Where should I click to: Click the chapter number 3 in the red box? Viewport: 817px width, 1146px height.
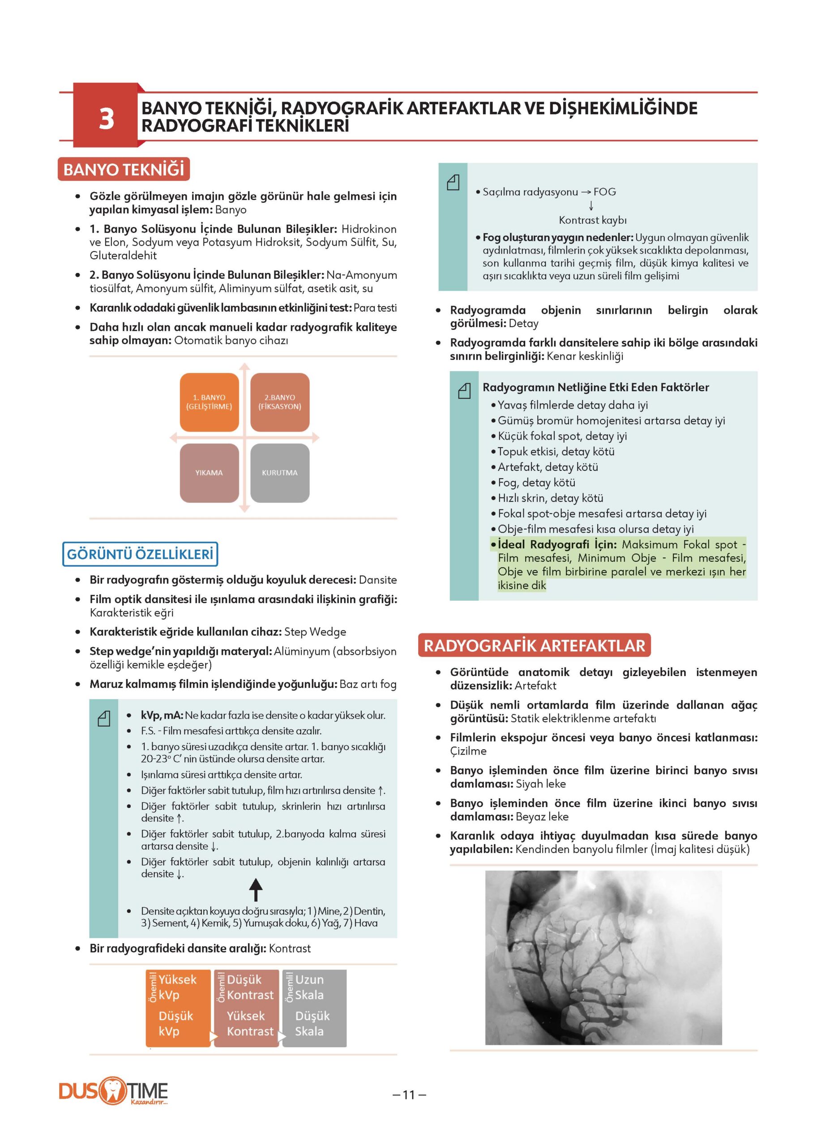(x=106, y=119)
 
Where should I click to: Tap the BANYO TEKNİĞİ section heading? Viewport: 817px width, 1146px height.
(x=124, y=169)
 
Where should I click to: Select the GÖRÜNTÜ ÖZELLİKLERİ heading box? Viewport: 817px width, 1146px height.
(x=141, y=554)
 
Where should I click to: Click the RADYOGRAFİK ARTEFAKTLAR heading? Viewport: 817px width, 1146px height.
(x=534, y=646)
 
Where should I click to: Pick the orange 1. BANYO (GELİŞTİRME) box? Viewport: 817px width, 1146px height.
(x=209, y=402)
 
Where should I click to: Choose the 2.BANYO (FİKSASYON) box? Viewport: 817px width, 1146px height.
(x=280, y=402)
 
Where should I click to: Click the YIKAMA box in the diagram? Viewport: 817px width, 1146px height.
(x=209, y=473)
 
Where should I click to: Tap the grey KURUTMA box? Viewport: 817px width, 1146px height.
(x=280, y=473)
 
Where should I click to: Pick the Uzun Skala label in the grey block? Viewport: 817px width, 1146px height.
(x=309, y=988)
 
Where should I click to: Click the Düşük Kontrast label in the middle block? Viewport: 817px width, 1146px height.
(x=250, y=988)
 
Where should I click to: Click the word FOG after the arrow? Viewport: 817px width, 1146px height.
(x=604, y=192)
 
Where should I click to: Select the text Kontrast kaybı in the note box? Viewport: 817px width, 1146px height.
(x=593, y=220)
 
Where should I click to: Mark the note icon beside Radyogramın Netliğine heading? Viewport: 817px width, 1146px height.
(x=464, y=391)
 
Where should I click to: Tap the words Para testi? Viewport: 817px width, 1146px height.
(x=375, y=308)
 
